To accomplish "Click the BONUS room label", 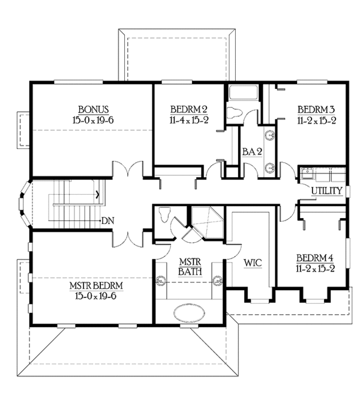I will point(92,109).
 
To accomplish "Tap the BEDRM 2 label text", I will point(188,109).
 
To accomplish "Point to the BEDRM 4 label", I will point(314,258).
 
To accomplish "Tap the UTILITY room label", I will point(326,191).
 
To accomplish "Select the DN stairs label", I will point(108,220).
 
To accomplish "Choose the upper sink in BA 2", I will point(270,135).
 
